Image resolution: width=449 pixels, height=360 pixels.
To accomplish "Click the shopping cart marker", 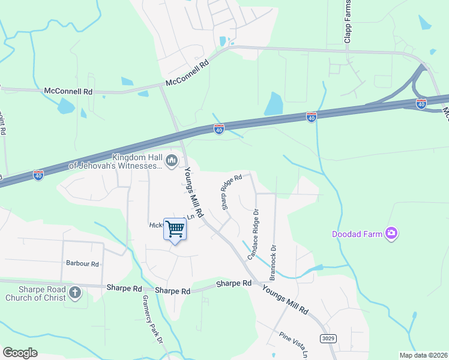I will click(x=175, y=229).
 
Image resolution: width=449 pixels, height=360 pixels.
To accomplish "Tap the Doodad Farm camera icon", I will click(x=391, y=233).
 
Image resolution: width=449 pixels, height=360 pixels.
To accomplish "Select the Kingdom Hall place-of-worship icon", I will click(x=172, y=160).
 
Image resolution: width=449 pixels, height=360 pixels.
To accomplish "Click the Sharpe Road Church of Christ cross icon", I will click(x=74, y=293).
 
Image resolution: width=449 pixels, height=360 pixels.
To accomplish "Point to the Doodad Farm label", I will click(x=358, y=234).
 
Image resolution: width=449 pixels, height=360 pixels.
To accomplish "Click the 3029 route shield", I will click(x=328, y=338).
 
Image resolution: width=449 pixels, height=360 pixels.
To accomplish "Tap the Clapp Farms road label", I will click(x=347, y=22).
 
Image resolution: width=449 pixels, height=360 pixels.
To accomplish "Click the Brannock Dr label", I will click(x=273, y=263).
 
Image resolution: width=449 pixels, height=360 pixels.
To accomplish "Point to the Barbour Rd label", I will click(x=82, y=263).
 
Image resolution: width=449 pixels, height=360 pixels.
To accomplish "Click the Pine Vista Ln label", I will click(x=293, y=344).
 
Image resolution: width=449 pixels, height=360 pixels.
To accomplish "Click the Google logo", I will click(x=20, y=353).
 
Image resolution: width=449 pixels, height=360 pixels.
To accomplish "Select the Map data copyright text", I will click(x=423, y=355).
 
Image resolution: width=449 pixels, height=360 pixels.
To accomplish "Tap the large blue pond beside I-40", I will click(x=273, y=103).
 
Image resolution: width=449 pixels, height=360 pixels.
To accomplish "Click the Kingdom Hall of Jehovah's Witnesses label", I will click(x=116, y=161).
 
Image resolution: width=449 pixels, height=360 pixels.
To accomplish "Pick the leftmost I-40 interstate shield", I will click(x=38, y=175).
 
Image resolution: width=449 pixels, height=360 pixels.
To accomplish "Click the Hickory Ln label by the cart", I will click(x=157, y=225).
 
